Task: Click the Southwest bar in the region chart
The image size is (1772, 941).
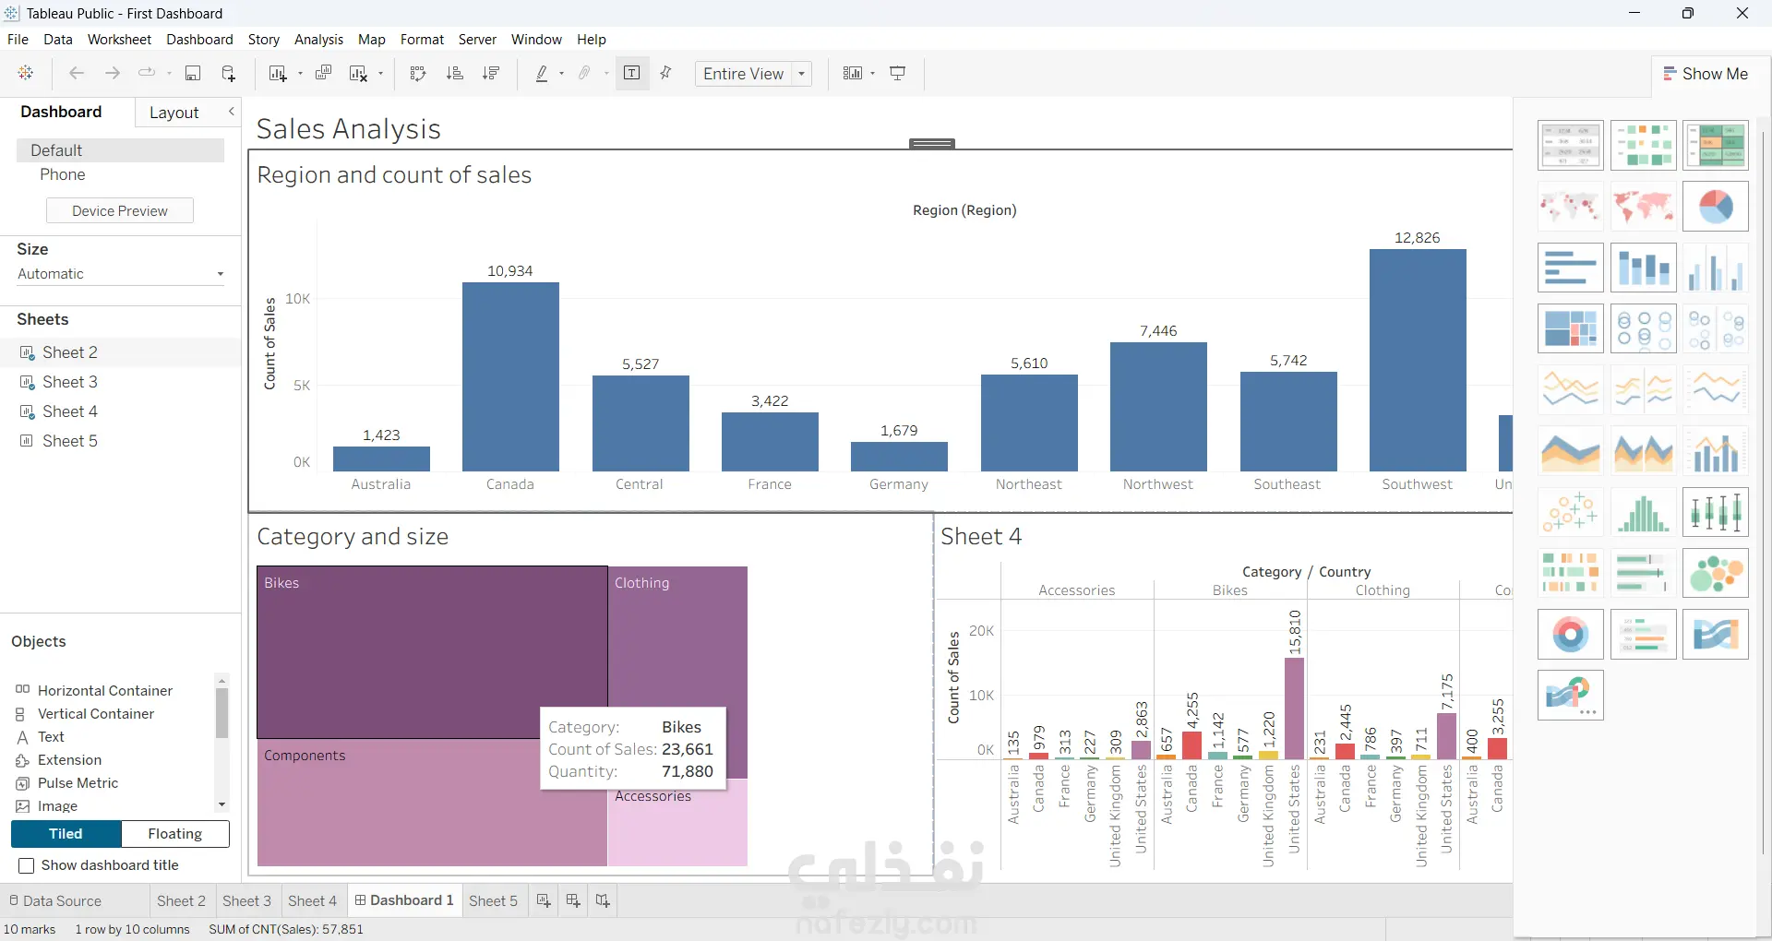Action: pyautogui.click(x=1418, y=360)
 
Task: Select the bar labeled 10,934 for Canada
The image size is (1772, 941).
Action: pyautogui.click(x=510, y=376)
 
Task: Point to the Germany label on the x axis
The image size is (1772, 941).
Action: pyautogui.click(x=899, y=484)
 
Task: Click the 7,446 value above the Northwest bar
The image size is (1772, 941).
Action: pyautogui.click(x=1158, y=331)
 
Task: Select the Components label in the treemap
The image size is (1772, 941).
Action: pyautogui.click(x=305, y=756)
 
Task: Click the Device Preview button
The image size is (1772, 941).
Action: pyautogui.click(x=120, y=211)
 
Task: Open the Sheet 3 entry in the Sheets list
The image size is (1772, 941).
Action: pyautogui.click(x=69, y=382)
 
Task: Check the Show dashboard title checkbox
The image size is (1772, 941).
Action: pyautogui.click(x=27, y=865)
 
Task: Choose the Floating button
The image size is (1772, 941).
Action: pyautogui.click(x=175, y=834)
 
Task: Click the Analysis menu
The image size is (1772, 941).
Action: pyautogui.click(x=318, y=40)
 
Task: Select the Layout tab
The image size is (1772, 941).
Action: pyautogui.click(x=174, y=113)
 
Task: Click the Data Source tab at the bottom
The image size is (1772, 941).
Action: pyautogui.click(x=55, y=901)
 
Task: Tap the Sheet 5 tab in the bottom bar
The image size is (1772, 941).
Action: pyautogui.click(x=493, y=901)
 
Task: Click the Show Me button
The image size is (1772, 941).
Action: pyautogui.click(x=1706, y=74)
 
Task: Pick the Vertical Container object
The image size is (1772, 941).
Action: pyautogui.click(x=96, y=714)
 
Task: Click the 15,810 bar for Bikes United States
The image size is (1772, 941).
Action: pyautogui.click(x=1294, y=709)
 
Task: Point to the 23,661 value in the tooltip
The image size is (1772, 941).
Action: pyautogui.click(x=688, y=749)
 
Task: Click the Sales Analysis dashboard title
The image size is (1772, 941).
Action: pyautogui.click(x=349, y=129)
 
